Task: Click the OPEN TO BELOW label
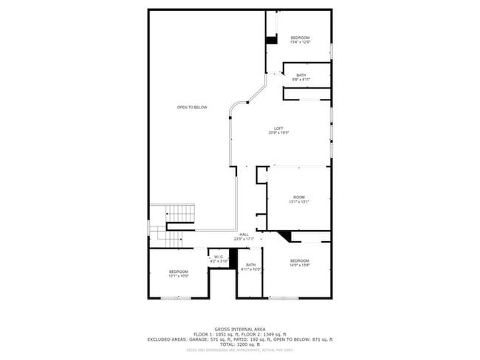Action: (192, 108)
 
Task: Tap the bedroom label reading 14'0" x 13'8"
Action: (299, 263)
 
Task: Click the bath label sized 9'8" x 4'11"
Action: (301, 77)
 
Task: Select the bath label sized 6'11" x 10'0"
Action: (251, 267)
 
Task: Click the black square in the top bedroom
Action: (271, 40)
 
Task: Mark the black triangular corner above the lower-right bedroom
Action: (286, 235)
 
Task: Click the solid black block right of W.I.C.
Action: (231, 257)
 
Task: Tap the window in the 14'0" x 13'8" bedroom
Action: (281, 298)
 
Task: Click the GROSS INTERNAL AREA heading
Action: (240, 329)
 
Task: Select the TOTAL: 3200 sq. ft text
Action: (240, 345)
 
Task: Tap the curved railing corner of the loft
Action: (232, 111)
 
